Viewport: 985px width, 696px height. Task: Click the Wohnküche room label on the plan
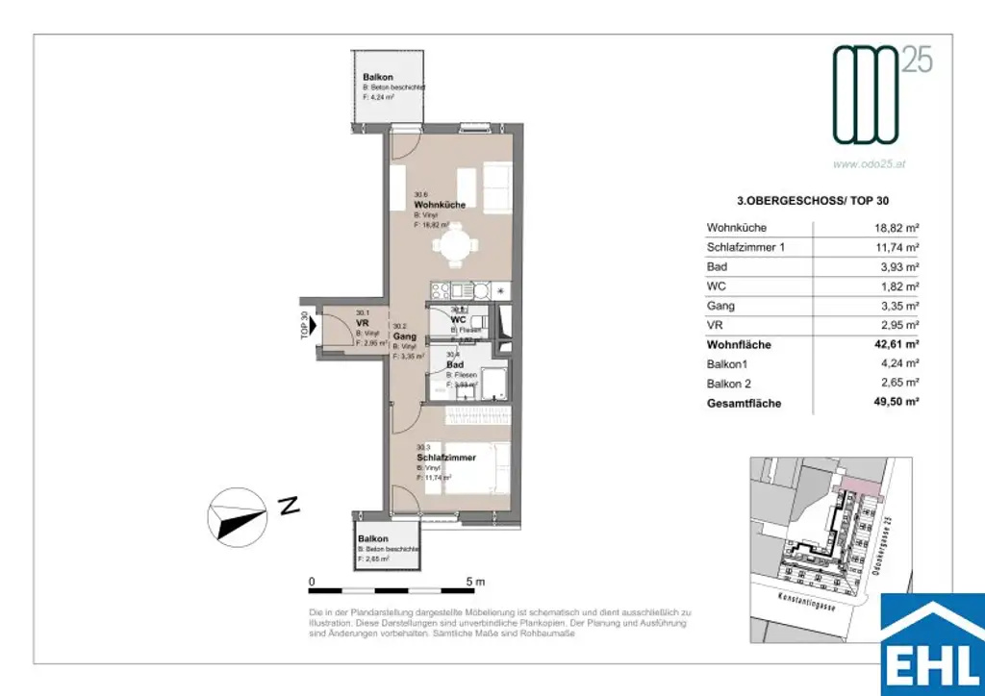pyautogui.click(x=440, y=206)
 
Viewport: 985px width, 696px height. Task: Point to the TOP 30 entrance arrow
pyautogui.click(x=312, y=326)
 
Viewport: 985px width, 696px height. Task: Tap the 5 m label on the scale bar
pyautogui.click(x=475, y=583)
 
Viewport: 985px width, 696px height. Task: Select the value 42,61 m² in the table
pyautogui.click(x=894, y=344)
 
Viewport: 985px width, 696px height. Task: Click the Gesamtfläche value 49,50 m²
pyautogui.click(x=894, y=403)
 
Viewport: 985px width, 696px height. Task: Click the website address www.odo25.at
pyautogui.click(x=869, y=163)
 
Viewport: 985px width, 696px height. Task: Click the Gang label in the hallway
pyautogui.click(x=404, y=336)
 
